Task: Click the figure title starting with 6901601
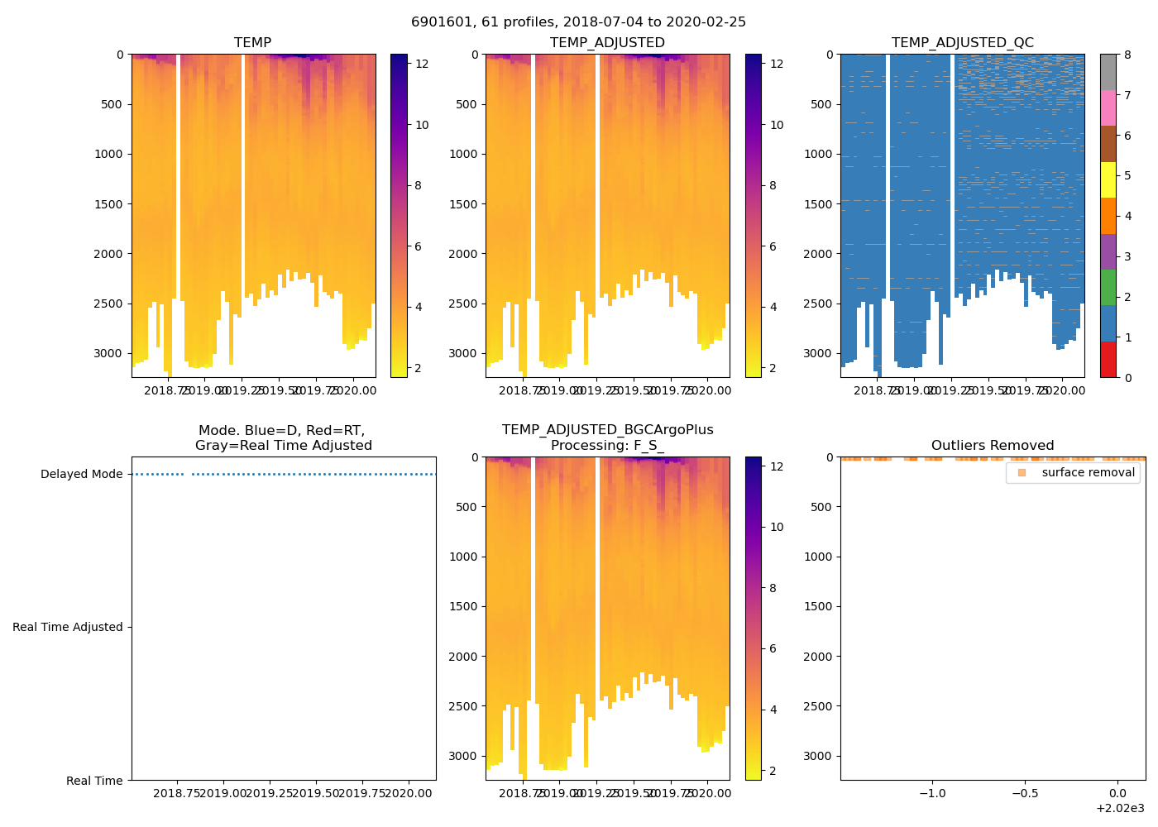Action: click(578, 22)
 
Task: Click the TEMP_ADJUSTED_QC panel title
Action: click(962, 42)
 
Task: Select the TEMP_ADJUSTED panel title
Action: click(607, 42)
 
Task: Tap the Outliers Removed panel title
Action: click(993, 446)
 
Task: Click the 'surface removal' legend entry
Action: click(1088, 472)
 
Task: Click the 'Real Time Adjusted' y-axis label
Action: click(67, 627)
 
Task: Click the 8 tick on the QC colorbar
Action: click(1127, 55)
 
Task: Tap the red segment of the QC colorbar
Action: click(1108, 360)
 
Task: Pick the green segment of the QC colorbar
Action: click(1108, 288)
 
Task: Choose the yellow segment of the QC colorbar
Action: click(1108, 180)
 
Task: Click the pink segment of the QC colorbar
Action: click(1108, 108)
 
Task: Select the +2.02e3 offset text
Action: click(1120, 808)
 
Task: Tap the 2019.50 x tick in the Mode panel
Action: click(316, 793)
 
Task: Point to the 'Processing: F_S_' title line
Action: click(607, 446)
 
